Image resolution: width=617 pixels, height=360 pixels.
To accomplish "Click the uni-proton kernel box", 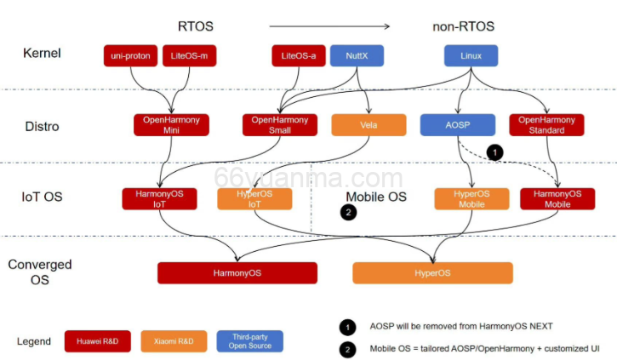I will (130, 56).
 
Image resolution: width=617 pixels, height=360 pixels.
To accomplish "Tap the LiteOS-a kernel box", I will (299, 56).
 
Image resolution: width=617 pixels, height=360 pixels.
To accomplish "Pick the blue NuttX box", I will (356, 56).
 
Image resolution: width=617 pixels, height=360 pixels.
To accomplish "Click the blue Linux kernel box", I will (471, 56).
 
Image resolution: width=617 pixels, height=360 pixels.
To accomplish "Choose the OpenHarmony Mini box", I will (171, 125).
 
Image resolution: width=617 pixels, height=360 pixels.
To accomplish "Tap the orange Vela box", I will (368, 125).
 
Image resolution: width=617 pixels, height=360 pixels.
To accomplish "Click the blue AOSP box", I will (457, 125).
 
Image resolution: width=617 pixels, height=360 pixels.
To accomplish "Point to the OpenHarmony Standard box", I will (546, 125).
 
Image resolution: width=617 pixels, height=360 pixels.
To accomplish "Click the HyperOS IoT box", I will (254, 199).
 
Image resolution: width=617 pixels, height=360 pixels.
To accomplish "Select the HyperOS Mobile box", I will (471, 199).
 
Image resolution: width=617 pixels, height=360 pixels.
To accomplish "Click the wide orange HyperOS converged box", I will (432, 273).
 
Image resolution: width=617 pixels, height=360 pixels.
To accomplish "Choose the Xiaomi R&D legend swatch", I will (174, 341).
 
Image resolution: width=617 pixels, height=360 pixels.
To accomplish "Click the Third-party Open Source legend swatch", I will (250, 341).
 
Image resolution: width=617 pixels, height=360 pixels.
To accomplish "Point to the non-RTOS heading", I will (463, 26).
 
